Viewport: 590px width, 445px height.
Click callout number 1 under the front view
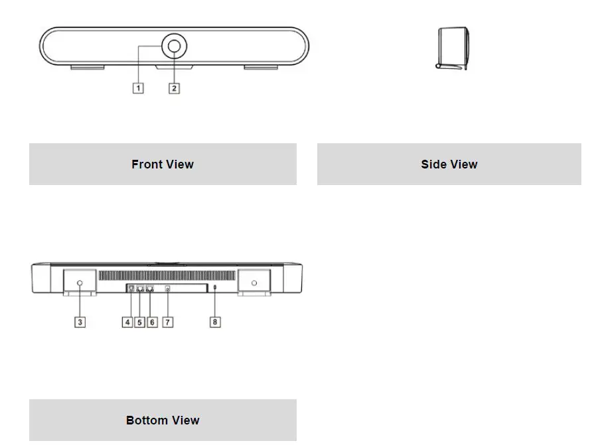pyautogui.click(x=138, y=88)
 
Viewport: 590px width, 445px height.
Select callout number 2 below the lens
pyautogui.click(x=174, y=88)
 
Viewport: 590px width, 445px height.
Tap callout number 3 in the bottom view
pyautogui.click(x=80, y=322)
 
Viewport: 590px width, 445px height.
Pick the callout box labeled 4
pyautogui.click(x=127, y=322)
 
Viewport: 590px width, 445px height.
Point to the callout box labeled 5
pyautogui.click(x=139, y=322)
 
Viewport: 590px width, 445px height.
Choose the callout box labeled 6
pyautogui.click(x=152, y=322)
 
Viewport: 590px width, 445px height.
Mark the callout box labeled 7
pyautogui.click(x=168, y=322)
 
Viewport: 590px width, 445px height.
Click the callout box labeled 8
pyautogui.click(x=215, y=322)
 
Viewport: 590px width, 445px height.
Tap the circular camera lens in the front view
pyautogui.click(x=174, y=46)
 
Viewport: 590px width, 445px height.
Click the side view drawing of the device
pyautogui.click(x=453, y=48)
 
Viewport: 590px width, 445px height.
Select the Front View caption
pyautogui.click(x=163, y=164)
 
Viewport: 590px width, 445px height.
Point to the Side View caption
pyautogui.click(x=449, y=164)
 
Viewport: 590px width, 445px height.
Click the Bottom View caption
pyautogui.click(x=163, y=420)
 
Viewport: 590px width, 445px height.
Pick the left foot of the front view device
pyautogui.click(x=87, y=67)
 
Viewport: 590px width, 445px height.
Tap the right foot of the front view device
pyautogui.click(x=260, y=67)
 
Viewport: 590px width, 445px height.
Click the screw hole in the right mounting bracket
pyautogui.click(x=254, y=283)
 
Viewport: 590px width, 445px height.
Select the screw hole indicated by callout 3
pyautogui.click(x=80, y=283)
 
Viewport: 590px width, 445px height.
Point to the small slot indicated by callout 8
pyautogui.click(x=215, y=287)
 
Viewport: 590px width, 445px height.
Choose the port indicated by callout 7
pyautogui.click(x=167, y=288)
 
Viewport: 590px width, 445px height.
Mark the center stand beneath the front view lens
pyautogui.click(x=174, y=67)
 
